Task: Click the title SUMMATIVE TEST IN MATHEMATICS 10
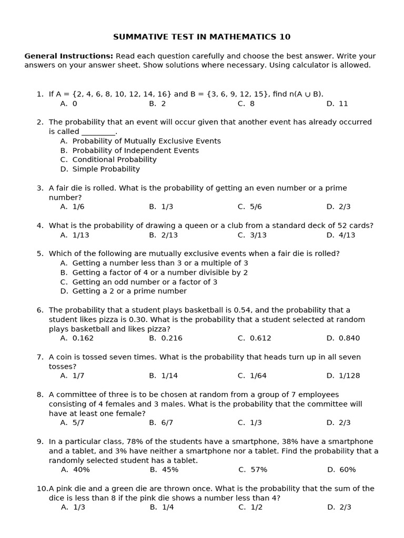coord(201,37)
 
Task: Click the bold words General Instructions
coord(68,56)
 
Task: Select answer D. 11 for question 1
coord(337,104)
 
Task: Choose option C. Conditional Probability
coord(108,160)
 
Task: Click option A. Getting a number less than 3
coord(154,263)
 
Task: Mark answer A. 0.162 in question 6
coord(77,338)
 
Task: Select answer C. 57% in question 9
coord(252,470)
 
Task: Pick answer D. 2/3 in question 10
coord(339,508)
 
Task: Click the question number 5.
coord(40,254)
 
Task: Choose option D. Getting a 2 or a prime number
coord(124,292)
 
